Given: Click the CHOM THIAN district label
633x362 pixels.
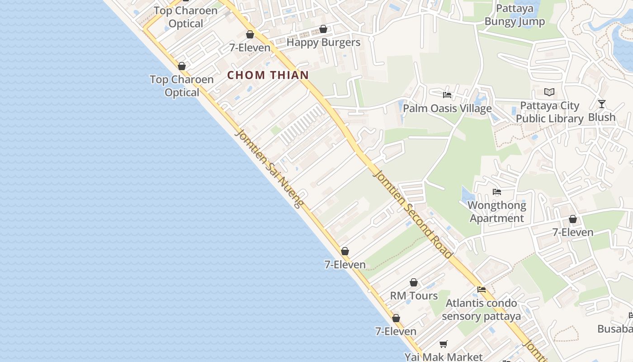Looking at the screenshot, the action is tap(268, 75).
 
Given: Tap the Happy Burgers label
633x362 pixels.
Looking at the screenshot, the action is tap(324, 43).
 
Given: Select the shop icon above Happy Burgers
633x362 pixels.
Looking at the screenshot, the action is tap(323, 29).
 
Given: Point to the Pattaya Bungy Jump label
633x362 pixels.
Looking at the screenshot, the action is tap(515, 15).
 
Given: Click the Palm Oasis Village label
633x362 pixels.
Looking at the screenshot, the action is tap(447, 109).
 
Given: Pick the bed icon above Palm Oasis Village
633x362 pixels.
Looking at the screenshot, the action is tap(447, 95).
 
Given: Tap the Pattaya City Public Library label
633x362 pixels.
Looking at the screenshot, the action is tap(549, 112).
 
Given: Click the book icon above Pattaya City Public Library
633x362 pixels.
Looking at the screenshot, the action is tap(549, 92).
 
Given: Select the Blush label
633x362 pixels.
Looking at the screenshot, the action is tap(602, 117).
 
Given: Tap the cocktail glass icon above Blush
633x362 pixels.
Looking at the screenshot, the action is tap(601, 104).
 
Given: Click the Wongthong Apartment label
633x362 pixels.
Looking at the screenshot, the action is tap(497, 212).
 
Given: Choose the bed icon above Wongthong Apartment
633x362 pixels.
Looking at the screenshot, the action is tap(497, 192).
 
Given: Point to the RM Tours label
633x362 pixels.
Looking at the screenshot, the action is tap(414, 296).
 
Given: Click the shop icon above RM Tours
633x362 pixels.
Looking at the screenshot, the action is tap(414, 283).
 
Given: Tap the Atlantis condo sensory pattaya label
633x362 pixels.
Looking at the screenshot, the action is tap(481, 310).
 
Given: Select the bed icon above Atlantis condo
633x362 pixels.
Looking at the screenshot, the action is tap(482, 290).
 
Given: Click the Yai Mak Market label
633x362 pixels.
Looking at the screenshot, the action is tap(444, 357).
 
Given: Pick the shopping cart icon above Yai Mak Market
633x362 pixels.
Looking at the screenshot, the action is tap(444, 344).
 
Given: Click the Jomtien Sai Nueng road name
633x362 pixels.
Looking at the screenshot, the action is tap(269, 169).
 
